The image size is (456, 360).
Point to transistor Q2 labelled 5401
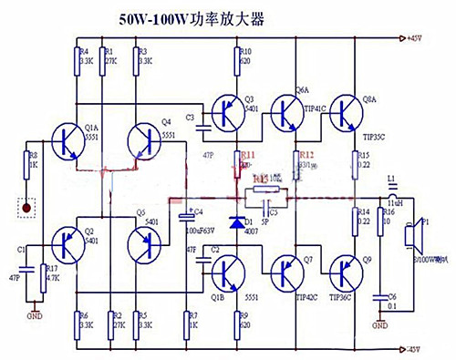pyautogui.click(x=67, y=244)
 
